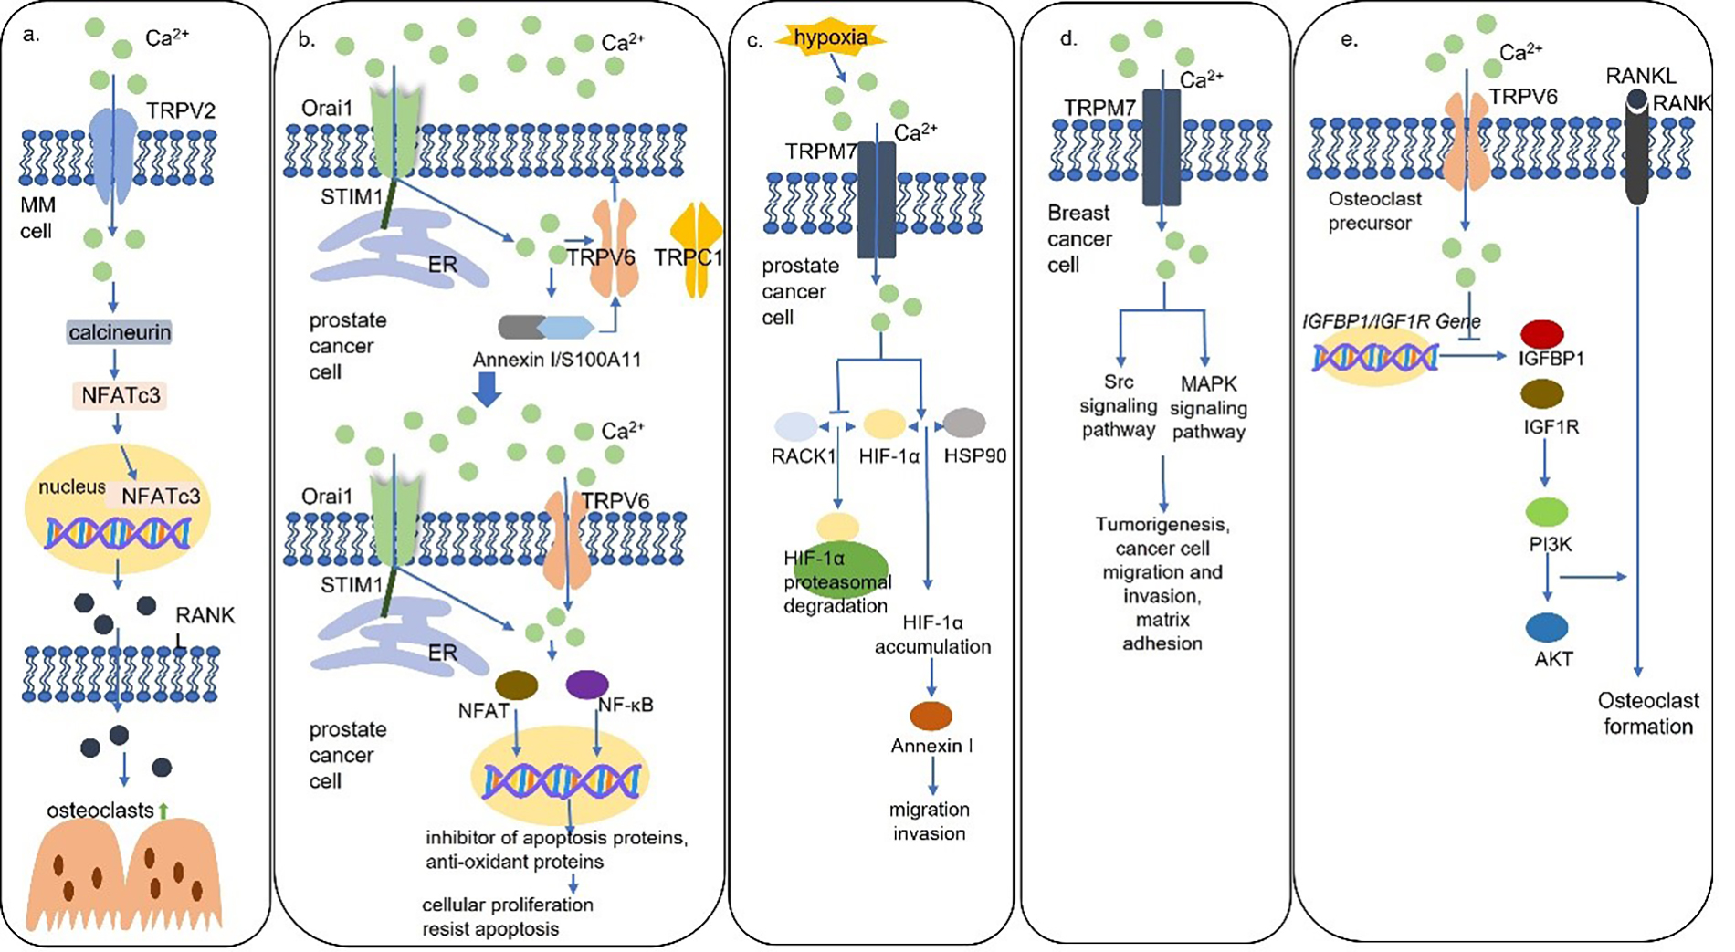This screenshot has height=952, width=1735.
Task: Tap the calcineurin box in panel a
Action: pyautogui.click(x=119, y=332)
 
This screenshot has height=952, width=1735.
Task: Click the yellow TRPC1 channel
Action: pyautogui.click(x=696, y=249)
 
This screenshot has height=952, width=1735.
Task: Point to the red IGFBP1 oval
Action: pyautogui.click(x=1542, y=333)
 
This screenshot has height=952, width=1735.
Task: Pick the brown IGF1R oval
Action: pyautogui.click(x=1542, y=393)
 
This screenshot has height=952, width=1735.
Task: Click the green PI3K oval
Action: pyautogui.click(x=1546, y=511)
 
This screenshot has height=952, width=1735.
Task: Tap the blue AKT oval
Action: pyautogui.click(x=1547, y=627)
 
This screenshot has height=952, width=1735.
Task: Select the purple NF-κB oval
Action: pyautogui.click(x=587, y=684)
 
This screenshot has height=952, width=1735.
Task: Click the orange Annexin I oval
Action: pyautogui.click(x=931, y=716)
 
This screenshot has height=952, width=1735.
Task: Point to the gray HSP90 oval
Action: pyautogui.click(x=964, y=423)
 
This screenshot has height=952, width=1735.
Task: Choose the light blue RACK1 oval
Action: pyautogui.click(x=795, y=425)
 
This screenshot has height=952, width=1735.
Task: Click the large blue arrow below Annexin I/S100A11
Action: pyautogui.click(x=489, y=391)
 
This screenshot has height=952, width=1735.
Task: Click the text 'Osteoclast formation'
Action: pyautogui.click(x=1647, y=714)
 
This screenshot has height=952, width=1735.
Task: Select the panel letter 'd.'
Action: pyautogui.click(x=1067, y=39)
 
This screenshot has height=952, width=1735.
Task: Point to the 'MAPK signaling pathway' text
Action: pyautogui.click(x=1208, y=407)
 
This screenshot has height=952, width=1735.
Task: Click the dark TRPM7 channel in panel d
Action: pyautogui.click(x=1162, y=146)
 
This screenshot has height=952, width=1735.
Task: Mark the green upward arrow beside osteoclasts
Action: pyautogui.click(x=163, y=810)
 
